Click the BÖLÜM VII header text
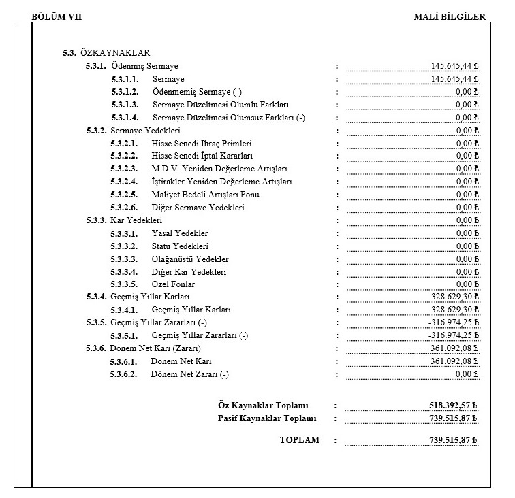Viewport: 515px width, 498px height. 57,16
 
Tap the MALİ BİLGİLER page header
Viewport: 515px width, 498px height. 450,16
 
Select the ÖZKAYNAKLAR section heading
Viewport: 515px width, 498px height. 114,53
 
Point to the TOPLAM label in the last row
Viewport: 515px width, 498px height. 299,440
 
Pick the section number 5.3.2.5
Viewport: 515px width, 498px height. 124,195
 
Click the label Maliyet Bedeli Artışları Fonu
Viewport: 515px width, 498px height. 206,195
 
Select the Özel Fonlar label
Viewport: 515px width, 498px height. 173,284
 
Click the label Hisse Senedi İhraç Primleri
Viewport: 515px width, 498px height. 202,144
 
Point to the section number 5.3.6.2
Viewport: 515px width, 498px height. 124,374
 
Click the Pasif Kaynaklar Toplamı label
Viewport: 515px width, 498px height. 267,418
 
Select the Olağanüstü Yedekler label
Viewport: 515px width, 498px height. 190,259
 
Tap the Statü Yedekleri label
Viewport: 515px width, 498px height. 180,246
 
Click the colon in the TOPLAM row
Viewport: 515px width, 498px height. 336,440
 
